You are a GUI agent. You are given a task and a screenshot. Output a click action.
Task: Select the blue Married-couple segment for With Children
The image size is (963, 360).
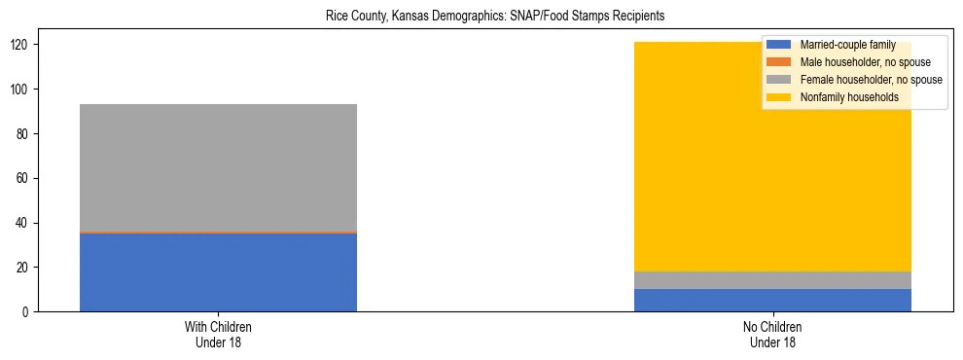[x=218, y=272]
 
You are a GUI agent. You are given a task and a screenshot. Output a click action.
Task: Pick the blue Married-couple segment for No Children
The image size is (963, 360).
[x=772, y=301]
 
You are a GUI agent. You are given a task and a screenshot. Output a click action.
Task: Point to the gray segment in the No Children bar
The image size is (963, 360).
[x=772, y=280]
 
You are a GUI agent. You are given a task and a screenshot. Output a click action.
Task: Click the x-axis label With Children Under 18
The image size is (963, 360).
[x=218, y=334]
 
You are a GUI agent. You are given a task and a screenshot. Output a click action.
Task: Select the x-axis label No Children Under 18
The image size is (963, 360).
[x=772, y=334]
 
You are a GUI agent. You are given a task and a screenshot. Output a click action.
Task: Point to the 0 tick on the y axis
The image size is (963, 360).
[x=25, y=311]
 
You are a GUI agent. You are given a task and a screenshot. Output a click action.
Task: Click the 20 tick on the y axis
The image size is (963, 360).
[x=22, y=268]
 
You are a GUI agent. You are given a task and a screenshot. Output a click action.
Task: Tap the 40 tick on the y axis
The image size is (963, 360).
[x=22, y=223]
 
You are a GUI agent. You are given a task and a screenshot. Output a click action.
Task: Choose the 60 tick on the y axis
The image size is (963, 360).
[x=22, y=178]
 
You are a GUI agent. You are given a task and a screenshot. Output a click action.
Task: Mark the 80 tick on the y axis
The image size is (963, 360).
[x=22, y=134]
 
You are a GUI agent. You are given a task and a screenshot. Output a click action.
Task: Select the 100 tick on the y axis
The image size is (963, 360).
[x=19, y=90]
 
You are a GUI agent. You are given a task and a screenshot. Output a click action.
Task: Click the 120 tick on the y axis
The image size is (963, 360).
[x=19, y=45]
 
